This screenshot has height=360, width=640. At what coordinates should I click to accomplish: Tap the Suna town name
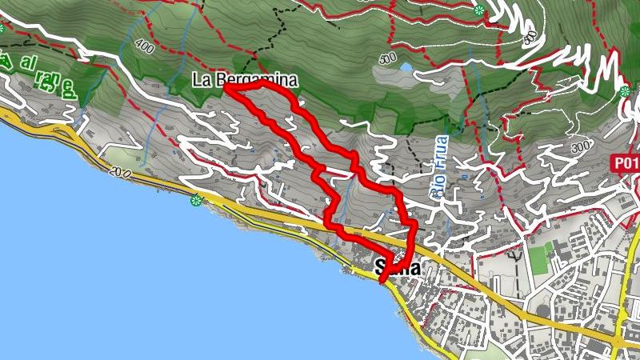pos(398,268)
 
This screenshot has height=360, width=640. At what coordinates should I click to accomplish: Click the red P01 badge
pos(626,163)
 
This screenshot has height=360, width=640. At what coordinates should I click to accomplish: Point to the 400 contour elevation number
pos(145,47)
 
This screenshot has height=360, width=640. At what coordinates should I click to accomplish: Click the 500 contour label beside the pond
pos(388,58)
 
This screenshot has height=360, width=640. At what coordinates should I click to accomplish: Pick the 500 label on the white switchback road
pos(529,38)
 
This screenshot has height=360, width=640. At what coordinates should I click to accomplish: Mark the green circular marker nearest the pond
pos(478,10)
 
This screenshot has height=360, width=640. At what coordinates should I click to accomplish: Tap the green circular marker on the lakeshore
pos(196,200)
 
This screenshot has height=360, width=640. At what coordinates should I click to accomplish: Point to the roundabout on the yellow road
pos(618,342)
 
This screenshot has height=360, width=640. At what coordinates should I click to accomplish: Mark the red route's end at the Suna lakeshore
pos(381,279)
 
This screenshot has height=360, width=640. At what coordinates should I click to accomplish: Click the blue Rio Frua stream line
pos(447,216)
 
